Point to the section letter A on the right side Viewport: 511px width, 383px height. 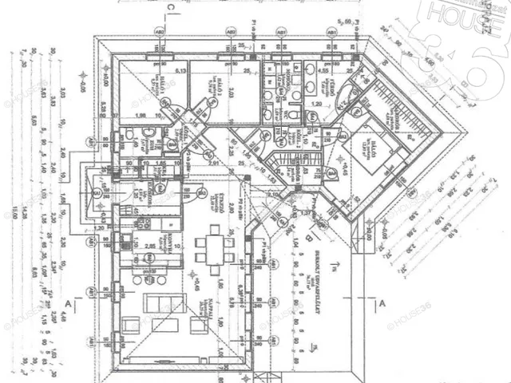click(x=382, y=304)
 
